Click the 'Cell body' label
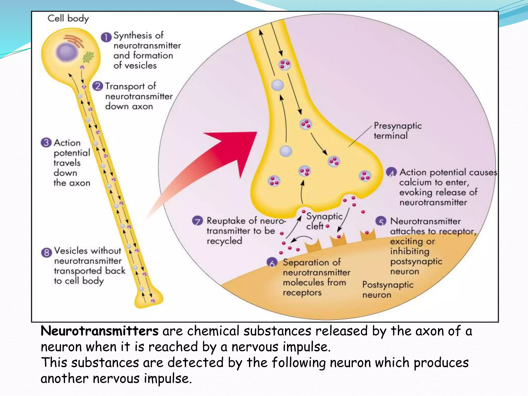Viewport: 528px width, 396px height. click(x=68, y=19)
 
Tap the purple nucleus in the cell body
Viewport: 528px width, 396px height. click(x=67, y=52)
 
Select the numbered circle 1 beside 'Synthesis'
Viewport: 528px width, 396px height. click(x=106, y=37)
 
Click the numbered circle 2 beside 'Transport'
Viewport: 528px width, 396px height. click(x=97, y=86)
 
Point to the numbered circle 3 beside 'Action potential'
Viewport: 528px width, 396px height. click(x=46, y=143)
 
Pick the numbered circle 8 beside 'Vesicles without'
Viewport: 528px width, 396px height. click(x=46, y=252)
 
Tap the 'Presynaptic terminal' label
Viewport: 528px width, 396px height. click(x=397, y=131)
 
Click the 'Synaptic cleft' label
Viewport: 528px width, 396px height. click(x=324, y=221)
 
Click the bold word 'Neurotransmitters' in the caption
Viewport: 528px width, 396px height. click(x=100, y=331)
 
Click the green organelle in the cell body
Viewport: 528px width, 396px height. click(x=88, y=57)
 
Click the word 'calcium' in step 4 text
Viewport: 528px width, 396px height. click(x=415, y=183)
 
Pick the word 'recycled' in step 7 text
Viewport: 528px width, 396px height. click(x=224, y=241)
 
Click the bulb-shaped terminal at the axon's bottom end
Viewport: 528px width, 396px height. click(x=149, y=299)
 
